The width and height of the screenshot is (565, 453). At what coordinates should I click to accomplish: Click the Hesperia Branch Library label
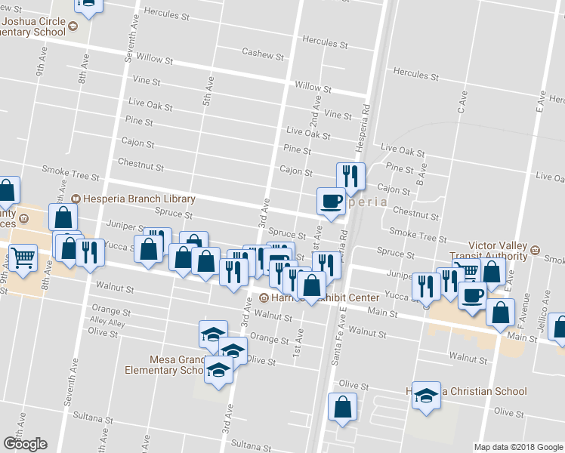click(x=133, y=199)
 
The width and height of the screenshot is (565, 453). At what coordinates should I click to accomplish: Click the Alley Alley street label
click(x=107, y=322)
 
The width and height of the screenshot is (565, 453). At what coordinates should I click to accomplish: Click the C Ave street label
click(x=462, y=102)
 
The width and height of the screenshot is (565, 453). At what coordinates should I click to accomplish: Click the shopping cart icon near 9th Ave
click(x=23, y=257)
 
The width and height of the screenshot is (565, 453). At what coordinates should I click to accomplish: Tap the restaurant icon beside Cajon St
click(x=350, y=176)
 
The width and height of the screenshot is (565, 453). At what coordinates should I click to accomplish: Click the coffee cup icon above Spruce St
click(x=330, y=201)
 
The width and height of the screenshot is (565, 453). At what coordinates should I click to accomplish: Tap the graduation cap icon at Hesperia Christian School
click(x=427, y=395)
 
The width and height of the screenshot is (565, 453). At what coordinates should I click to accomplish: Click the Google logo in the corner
click(x=25, y=444)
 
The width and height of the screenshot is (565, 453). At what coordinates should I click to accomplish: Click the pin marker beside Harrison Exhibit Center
click(x=264, y=297)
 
